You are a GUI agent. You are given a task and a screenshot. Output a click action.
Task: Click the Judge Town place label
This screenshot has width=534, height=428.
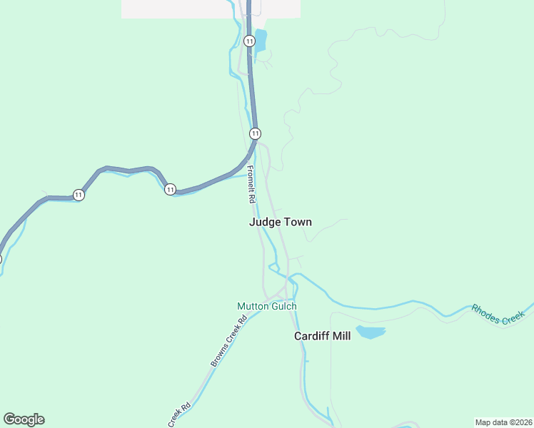click(x=280, y=222)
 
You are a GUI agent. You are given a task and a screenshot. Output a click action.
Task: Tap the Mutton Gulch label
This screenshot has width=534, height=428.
click(x=266, y=306)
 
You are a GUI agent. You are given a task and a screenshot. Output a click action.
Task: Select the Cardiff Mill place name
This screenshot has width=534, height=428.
click(x=323, y=336)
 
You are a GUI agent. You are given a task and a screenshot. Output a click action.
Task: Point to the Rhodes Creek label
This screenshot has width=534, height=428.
click(x=498, y=315)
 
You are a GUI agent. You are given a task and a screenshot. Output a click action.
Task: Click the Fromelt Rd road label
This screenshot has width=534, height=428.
click(x=251, y=185)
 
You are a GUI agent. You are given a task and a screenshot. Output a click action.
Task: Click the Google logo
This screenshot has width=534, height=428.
click(x=24, y=419)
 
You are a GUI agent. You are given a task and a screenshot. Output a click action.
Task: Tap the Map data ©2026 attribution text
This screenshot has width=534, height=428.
click(x=503, y=422)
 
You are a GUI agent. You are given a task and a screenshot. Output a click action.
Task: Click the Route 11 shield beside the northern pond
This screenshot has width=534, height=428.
click(x=248, y=41)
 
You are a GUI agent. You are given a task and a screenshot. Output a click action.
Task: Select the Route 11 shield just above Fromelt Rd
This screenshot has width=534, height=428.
click(x=255, y=133)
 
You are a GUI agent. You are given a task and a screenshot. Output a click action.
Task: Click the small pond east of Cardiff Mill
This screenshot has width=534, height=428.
click(x=370, y=332)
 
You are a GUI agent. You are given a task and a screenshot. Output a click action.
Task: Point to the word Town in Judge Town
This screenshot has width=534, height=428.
click(x=298, y=222)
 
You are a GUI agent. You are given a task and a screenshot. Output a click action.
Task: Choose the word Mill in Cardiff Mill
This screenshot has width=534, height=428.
click(x=341, y=336)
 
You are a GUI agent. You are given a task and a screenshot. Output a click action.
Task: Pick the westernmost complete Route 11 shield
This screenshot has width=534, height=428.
click(x=79, y=195)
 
